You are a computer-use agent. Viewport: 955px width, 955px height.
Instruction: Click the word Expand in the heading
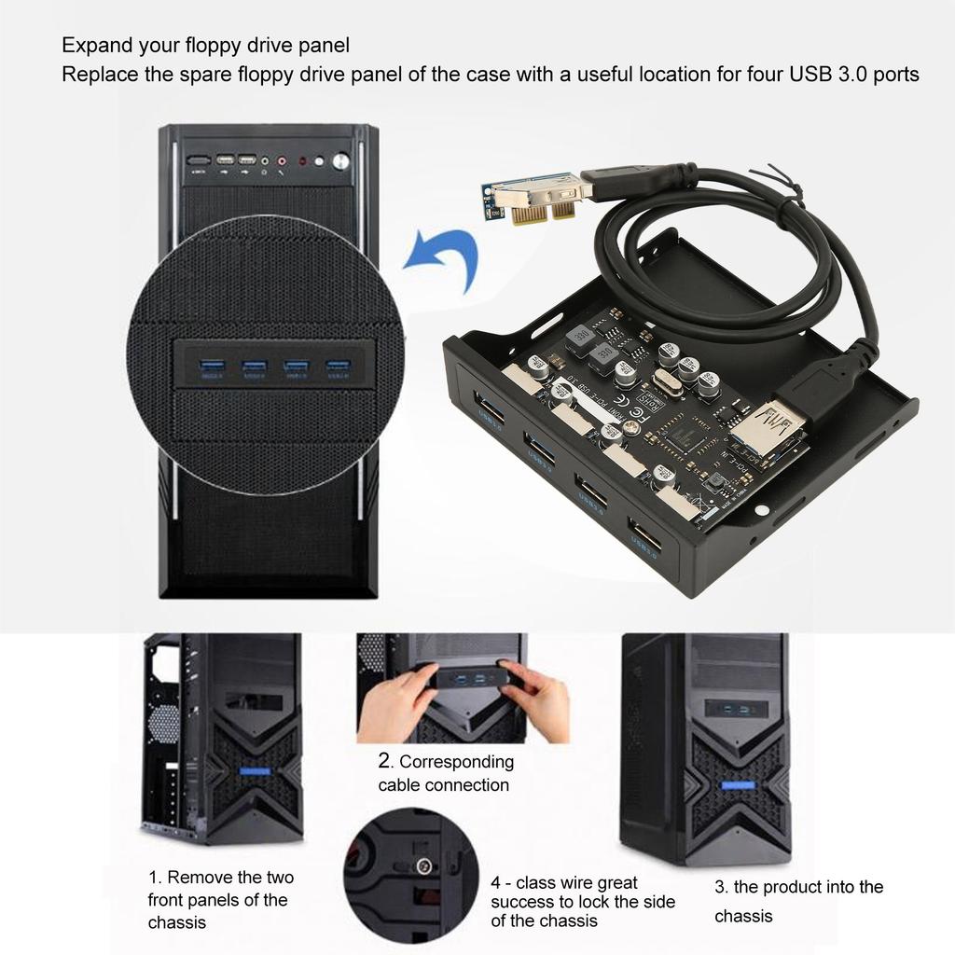pyautogui.click(x=93, y=45)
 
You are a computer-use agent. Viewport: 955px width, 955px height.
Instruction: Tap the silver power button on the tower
pyautogui.click(x=340, y=161)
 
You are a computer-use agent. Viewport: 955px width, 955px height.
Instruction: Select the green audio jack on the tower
pyautogui.click(x=265, y=160)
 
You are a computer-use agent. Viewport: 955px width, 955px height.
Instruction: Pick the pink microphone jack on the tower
pyautogui.click(x=302, y=160)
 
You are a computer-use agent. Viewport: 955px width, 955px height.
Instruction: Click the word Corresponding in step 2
pyautogui.click(x=457, y=762)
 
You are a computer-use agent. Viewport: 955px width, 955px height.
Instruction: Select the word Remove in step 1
pyautogui.click(x=200, y=878)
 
